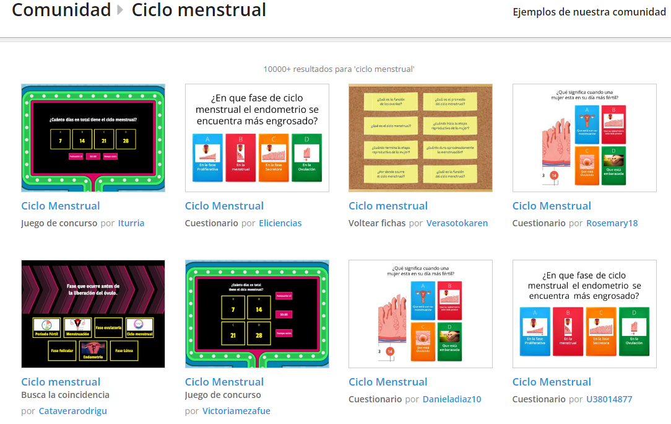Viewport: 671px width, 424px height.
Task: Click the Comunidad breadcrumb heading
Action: [61, 10]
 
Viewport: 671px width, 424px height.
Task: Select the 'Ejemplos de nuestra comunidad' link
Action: [589, 12]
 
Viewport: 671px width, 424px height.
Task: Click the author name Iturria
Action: [131, 223]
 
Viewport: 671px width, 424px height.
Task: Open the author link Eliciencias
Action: [280, 223]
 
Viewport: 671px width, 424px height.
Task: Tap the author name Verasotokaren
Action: [457, 223]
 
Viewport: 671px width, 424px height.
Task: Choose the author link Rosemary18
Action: [612, 223]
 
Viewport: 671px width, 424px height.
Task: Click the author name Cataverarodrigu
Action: [73, 410]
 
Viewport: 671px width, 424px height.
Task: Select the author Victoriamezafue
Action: [236, 410]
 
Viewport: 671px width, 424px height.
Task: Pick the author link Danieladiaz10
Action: [452, 399]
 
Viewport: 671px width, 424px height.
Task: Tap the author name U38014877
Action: [609, 399]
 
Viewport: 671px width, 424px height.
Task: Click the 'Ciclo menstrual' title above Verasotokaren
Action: [388, 206]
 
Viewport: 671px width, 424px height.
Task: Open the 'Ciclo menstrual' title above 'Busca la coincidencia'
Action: [61, 382]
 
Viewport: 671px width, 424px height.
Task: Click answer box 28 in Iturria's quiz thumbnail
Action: [126, 139]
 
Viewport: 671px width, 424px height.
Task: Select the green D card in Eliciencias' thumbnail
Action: [306, 158]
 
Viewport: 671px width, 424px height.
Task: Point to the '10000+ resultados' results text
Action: [339, 69]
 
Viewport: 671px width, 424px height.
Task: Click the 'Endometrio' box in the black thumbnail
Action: [93, 351]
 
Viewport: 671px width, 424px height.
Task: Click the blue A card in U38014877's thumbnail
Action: [536, 332]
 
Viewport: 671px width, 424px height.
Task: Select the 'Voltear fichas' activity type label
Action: [377, 223]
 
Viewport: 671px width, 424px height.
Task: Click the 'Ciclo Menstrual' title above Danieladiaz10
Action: [388, 382]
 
